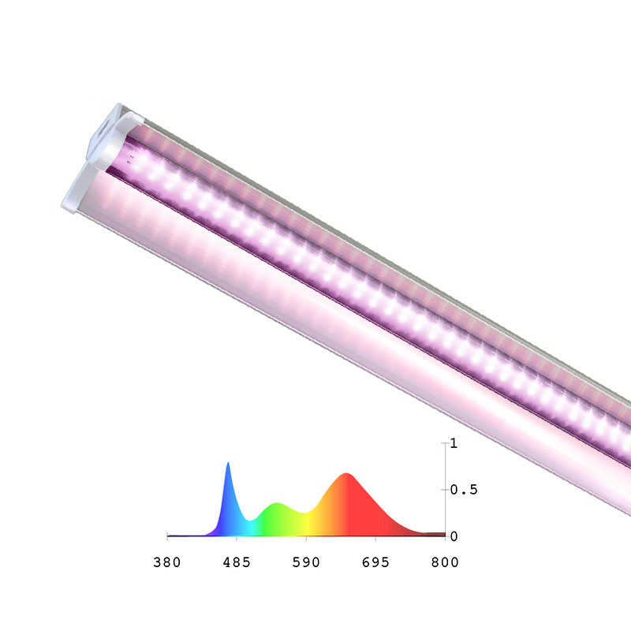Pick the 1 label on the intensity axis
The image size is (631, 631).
pyautogui.click(x=453, y=443)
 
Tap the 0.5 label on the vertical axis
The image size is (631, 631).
pyautogui.click(x=462, y=490)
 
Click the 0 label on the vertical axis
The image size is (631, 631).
pyautogui.click(x=453, y=536)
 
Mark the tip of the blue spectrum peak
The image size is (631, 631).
pyautogui.click(x=228, y=464)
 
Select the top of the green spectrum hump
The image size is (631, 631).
pyautogui.click(x=275, y=504)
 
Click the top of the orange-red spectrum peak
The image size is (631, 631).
pyautogui.click(x=346, y=474)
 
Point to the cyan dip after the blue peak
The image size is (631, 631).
pyautogui.click(x=251, y=520)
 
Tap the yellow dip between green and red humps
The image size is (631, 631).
pyautogui.click(x=304, y=513)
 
